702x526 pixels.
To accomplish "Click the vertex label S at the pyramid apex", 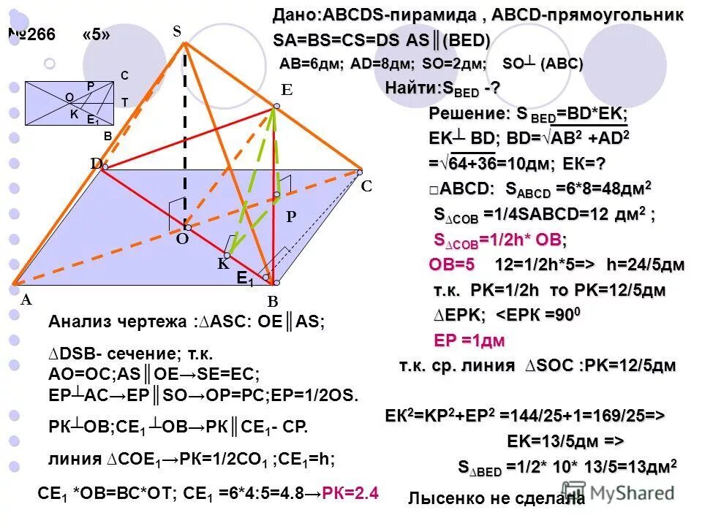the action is coord(176,31).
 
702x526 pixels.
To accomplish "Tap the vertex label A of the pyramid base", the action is coord(26,299).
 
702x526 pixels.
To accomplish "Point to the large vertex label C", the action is coord(367,187).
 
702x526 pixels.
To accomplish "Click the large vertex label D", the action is coord(96,164).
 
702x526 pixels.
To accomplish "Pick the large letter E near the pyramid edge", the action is coord(287,91).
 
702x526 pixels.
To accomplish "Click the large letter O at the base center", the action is coord(182,239).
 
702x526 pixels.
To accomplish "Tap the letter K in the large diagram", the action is coord(223,265).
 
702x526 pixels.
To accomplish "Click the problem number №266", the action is coord(31,37).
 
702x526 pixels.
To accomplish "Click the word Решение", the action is coord(465,114).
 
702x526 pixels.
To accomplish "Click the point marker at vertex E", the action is coord(276,107).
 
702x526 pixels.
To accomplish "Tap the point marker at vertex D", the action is coord(105,167).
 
